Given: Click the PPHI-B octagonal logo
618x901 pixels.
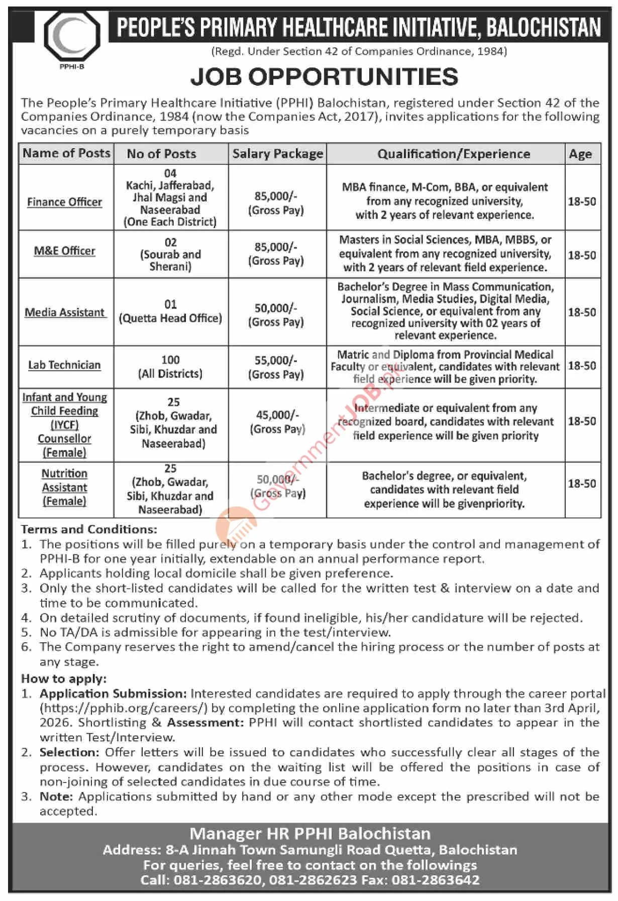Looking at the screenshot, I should (x=72, y=36).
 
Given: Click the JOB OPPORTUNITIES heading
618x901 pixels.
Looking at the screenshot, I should (x=324, y=77).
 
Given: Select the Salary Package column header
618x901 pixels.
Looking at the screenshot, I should (x=277, y=154).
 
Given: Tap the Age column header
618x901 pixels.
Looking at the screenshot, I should (x=580, y=154).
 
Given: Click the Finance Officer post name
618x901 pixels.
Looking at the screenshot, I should (x=65, y=202).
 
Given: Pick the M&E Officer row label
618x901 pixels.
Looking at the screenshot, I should (x=65, y=251).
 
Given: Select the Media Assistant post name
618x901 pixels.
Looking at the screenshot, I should (x=65, y=312).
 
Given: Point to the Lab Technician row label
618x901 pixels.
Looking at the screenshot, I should (x=64, y=365).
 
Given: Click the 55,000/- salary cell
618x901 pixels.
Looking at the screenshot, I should (x=276, y=367).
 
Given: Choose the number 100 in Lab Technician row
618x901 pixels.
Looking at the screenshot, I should (x=170, y=360).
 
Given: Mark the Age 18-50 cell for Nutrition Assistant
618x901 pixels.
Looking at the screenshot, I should (x=582, y=484).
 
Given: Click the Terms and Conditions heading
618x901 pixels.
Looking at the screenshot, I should (x=89, y=529).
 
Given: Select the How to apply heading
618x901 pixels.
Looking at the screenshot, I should (x=64, y=679).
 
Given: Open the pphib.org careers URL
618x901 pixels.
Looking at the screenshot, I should (x=124, y=708).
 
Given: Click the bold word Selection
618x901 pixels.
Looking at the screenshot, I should (x=70, y=752).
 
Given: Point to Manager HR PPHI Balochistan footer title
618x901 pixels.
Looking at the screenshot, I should (x=310, y=834).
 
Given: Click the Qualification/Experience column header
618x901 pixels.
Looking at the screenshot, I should (x=454, y=154).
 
